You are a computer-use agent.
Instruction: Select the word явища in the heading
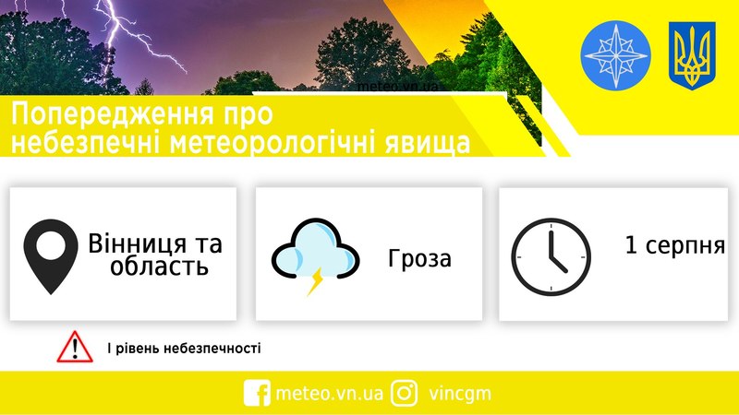[x=428, y=144]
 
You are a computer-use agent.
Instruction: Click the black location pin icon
[x=51, y=256]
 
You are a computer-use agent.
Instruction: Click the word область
[x=159, y=267]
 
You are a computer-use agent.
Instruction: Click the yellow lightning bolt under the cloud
[x=315, y=281]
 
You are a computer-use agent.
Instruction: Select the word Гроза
[x=419, y=258]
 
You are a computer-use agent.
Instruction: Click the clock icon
[x=551, y=256]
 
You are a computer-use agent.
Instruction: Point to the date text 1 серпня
[x=675, y=245]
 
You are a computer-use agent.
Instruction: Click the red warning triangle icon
[x=75, y=347]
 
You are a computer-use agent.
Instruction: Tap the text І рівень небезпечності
[x=184, y=349]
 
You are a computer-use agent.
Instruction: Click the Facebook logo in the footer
[x=257, y=393]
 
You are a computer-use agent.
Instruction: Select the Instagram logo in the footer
[x=404, y=393]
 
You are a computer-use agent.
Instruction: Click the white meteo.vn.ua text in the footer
[x=330, y=394]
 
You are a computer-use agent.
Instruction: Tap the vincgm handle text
[x=460, y=394]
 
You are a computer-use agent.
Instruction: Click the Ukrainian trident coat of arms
[x=692, y=56]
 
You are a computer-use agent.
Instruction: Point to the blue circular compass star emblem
[x=615, y=55]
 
